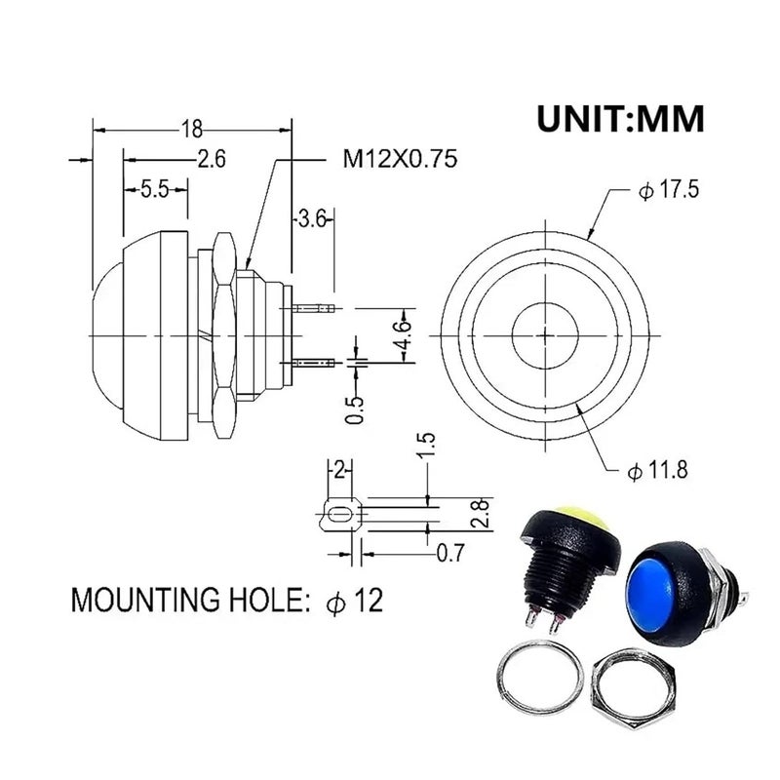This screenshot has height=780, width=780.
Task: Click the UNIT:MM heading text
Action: click(620, 119)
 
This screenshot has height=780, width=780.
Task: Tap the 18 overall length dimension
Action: click(191, 130)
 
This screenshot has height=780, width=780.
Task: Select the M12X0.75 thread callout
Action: click(400, 159)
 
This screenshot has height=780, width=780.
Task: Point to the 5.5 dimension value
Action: click(155, 189)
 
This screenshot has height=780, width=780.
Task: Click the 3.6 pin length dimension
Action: click(312, 218)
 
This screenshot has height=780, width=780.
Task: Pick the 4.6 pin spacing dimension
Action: click(403, 335)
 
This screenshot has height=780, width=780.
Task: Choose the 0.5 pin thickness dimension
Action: click(355, 409)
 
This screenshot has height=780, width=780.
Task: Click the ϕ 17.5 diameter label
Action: click(669, 189)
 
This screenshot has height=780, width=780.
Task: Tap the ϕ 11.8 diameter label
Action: click(657, 470)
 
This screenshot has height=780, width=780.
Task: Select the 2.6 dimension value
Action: click(212, 159)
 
